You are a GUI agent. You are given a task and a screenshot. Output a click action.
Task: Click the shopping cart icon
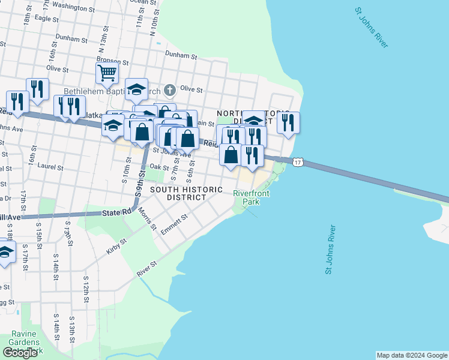click(x=107, y=73)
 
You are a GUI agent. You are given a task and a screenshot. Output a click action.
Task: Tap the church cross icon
click(x=170, y=91)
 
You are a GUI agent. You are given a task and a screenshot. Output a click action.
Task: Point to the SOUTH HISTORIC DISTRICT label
click(x=182, y=193)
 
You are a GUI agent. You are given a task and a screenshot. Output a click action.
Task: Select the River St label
click(x=146, y=268)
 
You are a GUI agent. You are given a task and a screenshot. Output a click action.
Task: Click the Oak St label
click(x=158, y=167)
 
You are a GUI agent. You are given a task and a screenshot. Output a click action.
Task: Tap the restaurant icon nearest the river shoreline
click(x=288, y=123)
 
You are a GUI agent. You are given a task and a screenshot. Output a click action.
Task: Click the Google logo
click(x=20, y=353)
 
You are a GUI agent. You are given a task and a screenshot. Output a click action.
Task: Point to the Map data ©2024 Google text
click(x=411, y=355)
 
